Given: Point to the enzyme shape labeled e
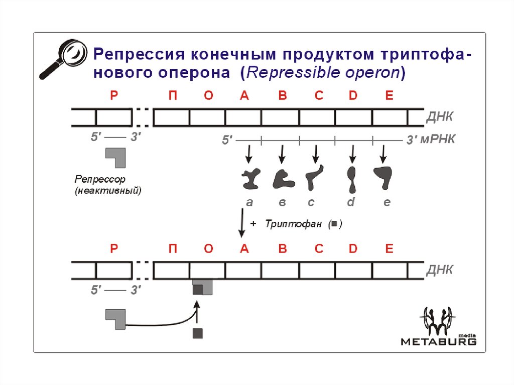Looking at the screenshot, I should point(384,177).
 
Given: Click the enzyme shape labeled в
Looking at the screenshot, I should point(283,178).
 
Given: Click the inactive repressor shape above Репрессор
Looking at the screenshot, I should point(115,157).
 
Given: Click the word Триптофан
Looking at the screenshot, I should point(293,224).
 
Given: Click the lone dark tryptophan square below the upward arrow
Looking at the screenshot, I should point(198,333).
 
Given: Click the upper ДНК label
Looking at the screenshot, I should point(440,117).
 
